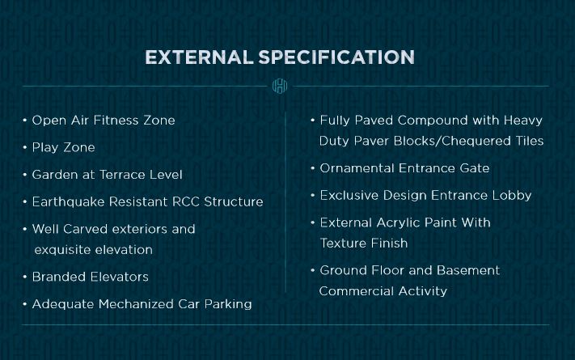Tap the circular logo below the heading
click(280, 86)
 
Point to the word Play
click(44, 148)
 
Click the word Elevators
click(119, 277)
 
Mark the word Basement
click(468, 270)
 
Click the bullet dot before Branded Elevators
click(25, 277)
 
